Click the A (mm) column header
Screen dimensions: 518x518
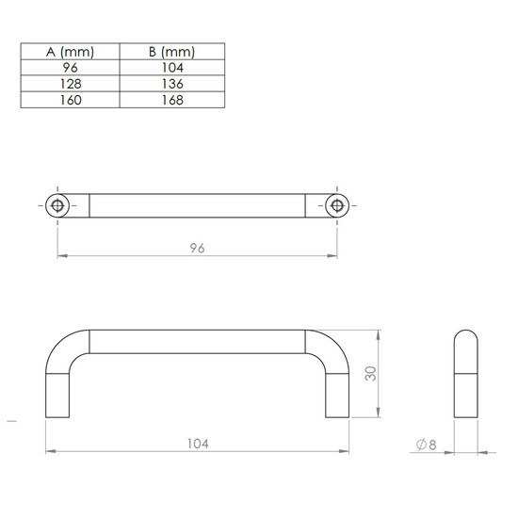click(x=70, y=52)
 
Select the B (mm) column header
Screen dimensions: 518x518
click(x=172, y=52)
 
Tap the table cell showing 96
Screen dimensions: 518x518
click(x=70, y=68)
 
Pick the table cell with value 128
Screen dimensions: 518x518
click(x=70, y=84)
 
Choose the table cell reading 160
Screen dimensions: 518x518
click(x=70, y=100)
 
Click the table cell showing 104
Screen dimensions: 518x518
click(x=172, y=68)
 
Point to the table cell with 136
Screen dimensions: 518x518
click(x=172, y=84)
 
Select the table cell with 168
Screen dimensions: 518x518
click(x=172, y=100)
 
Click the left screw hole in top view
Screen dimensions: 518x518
click(x=57, y=205)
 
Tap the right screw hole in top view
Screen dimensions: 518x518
click(x=337, y=205)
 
